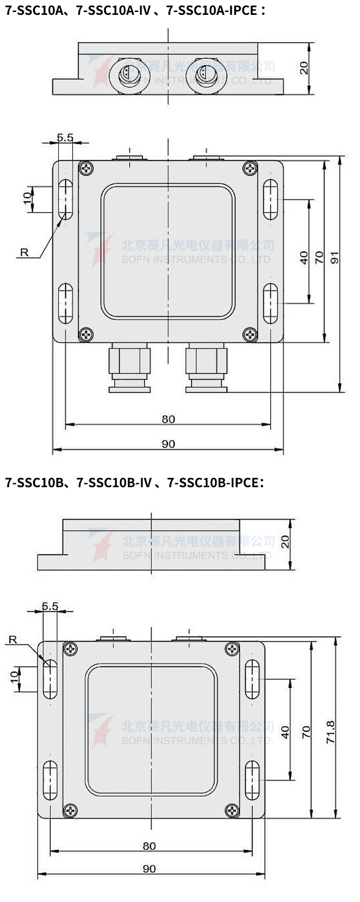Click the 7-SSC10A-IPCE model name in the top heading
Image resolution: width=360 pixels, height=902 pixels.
tap(212, 10)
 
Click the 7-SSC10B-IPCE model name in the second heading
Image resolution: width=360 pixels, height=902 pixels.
tap(213, 482)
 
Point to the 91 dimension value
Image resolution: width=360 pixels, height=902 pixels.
tap(335, 258)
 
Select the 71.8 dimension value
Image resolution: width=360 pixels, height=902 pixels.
tap(330, 732)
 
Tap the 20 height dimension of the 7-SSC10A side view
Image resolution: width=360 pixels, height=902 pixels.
tap(304, 68)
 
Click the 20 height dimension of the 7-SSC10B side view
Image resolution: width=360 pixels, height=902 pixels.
tap(285, 542)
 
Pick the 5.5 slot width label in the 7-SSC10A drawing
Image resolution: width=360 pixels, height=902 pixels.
tap(65, 138)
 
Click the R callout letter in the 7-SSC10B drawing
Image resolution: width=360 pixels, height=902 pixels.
tap(13, 640)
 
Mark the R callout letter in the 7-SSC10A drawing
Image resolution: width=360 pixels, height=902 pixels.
tap(24, 252)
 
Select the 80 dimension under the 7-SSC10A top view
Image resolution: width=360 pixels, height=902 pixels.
tap(168, 419)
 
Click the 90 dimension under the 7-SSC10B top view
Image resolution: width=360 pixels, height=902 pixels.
tap(149, 869)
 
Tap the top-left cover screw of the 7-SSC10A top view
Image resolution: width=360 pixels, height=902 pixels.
tap(86, 168)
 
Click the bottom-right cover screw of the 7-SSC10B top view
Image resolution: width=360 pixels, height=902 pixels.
tap(232, 811)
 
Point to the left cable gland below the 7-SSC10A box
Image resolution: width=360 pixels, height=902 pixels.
tap(130, 368)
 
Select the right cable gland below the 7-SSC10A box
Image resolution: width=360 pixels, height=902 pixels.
tap(206, 368)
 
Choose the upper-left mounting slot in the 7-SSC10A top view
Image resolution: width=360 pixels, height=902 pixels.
tap(65, 199)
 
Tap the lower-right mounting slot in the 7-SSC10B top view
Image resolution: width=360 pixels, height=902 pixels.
tap(252, 780)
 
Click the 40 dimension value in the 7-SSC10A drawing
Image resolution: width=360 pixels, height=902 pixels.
tap(304, 258)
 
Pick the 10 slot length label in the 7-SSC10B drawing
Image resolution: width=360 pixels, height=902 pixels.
tap(14, 677)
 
